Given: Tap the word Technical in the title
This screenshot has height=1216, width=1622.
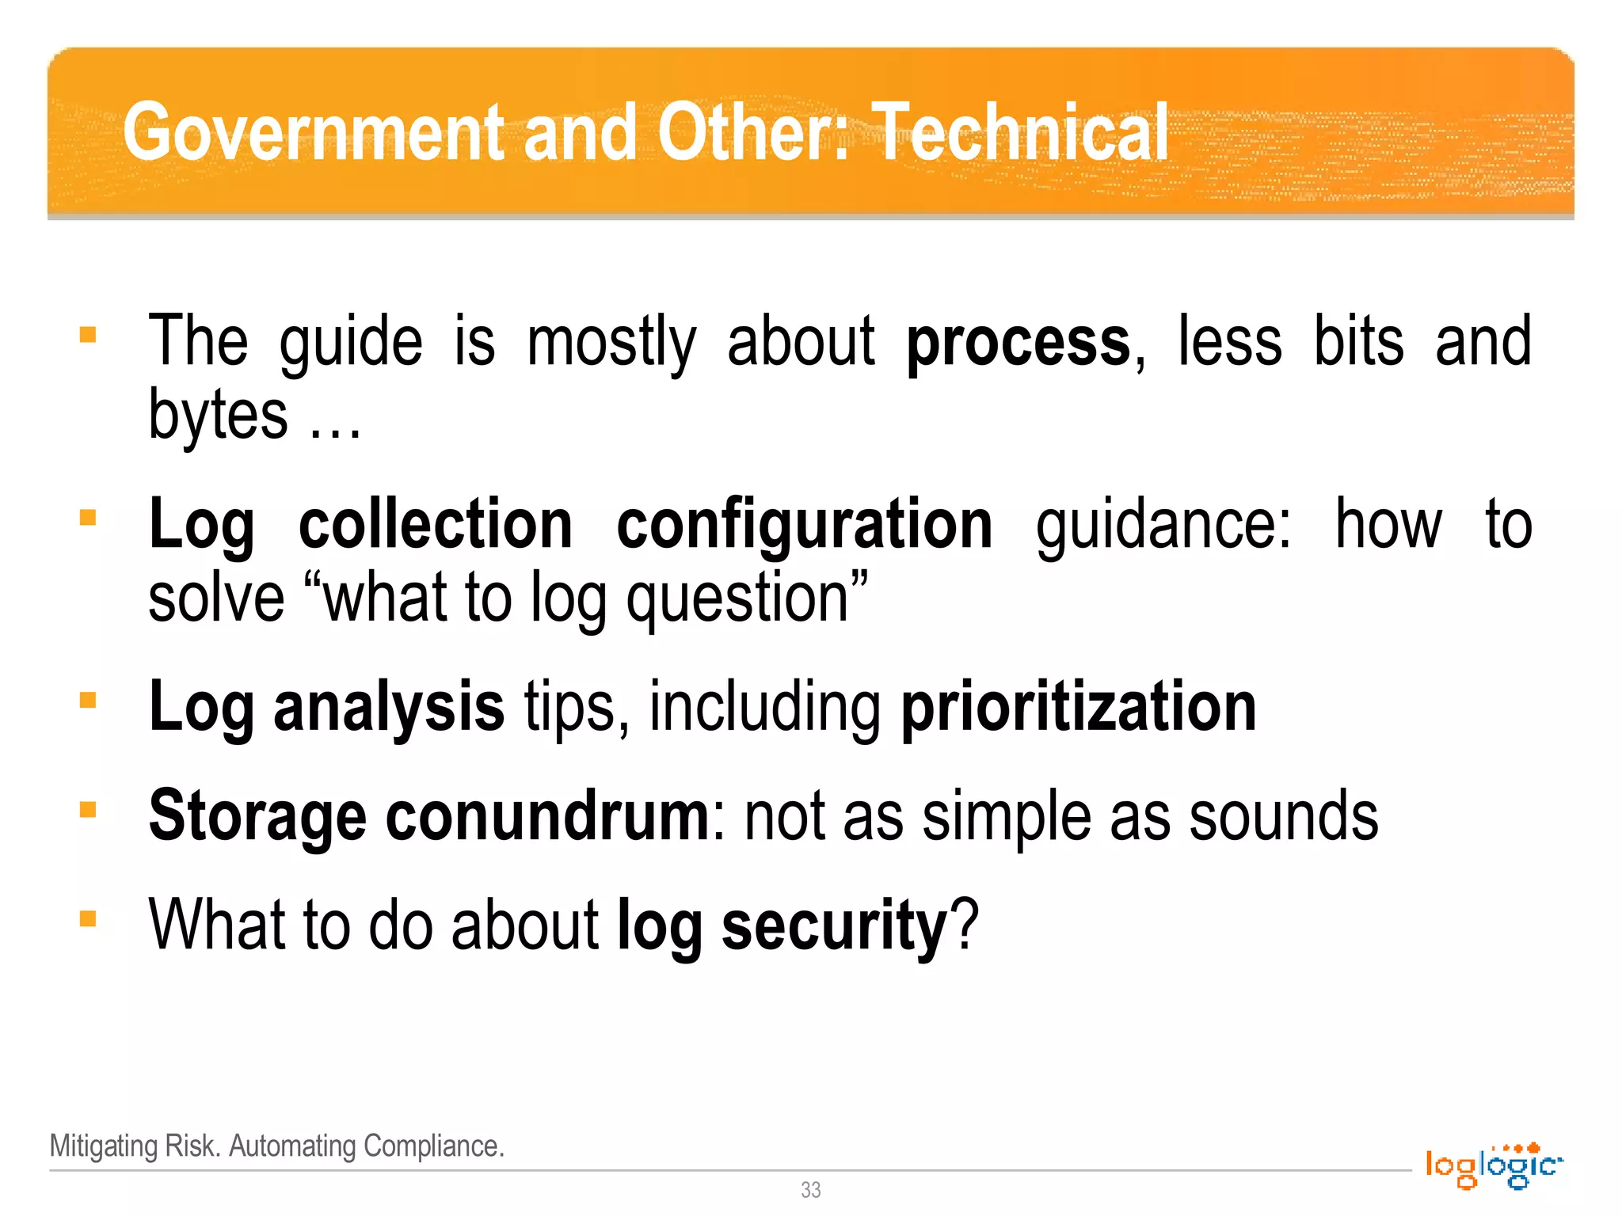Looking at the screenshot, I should click(1019, 132).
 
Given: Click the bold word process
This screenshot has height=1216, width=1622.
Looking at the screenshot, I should click(1019, 343).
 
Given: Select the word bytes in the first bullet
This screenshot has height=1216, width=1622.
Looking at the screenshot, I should click(218, 416).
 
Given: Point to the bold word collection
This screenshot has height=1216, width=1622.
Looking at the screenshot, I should click(436, 525).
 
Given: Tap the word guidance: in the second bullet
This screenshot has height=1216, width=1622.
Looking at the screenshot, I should click(1163, 525).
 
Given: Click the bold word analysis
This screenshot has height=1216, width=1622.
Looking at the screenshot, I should click(388, 707).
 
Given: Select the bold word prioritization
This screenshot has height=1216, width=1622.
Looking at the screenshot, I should click(1079, 707).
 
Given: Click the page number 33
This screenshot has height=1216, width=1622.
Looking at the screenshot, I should click(810, 1190).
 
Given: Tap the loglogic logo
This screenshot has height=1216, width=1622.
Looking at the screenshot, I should click(1494, 1165).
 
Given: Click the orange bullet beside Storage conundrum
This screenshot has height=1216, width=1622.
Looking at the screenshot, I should click(88, 809).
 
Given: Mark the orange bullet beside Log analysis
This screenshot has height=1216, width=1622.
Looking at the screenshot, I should click(88, 700).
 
